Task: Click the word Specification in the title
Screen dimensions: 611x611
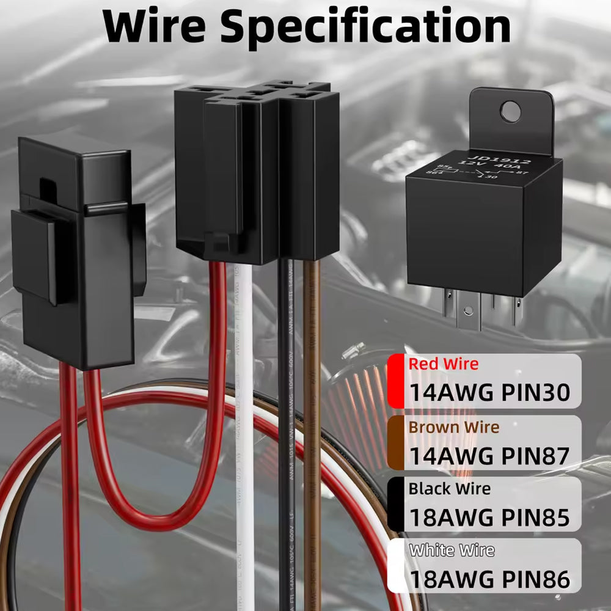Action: [365, 27]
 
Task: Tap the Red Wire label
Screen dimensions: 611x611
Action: [444, 364]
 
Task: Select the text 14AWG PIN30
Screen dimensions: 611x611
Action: [489, 392]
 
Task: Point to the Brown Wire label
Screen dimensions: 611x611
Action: [454, 426]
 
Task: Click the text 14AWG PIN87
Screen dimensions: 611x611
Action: [489, 455]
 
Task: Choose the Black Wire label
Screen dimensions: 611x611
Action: [450, 489]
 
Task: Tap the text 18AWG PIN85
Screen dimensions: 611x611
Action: [489, 518]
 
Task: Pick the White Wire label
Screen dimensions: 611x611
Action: [452, 550]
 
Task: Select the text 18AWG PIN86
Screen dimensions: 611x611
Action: [489, 579]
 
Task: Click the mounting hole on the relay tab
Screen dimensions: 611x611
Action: [510, 111]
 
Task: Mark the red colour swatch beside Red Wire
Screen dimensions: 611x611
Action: [395, 381]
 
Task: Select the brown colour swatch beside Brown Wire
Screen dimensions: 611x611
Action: [395, 443]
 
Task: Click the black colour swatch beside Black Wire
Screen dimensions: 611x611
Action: [395, 504]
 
